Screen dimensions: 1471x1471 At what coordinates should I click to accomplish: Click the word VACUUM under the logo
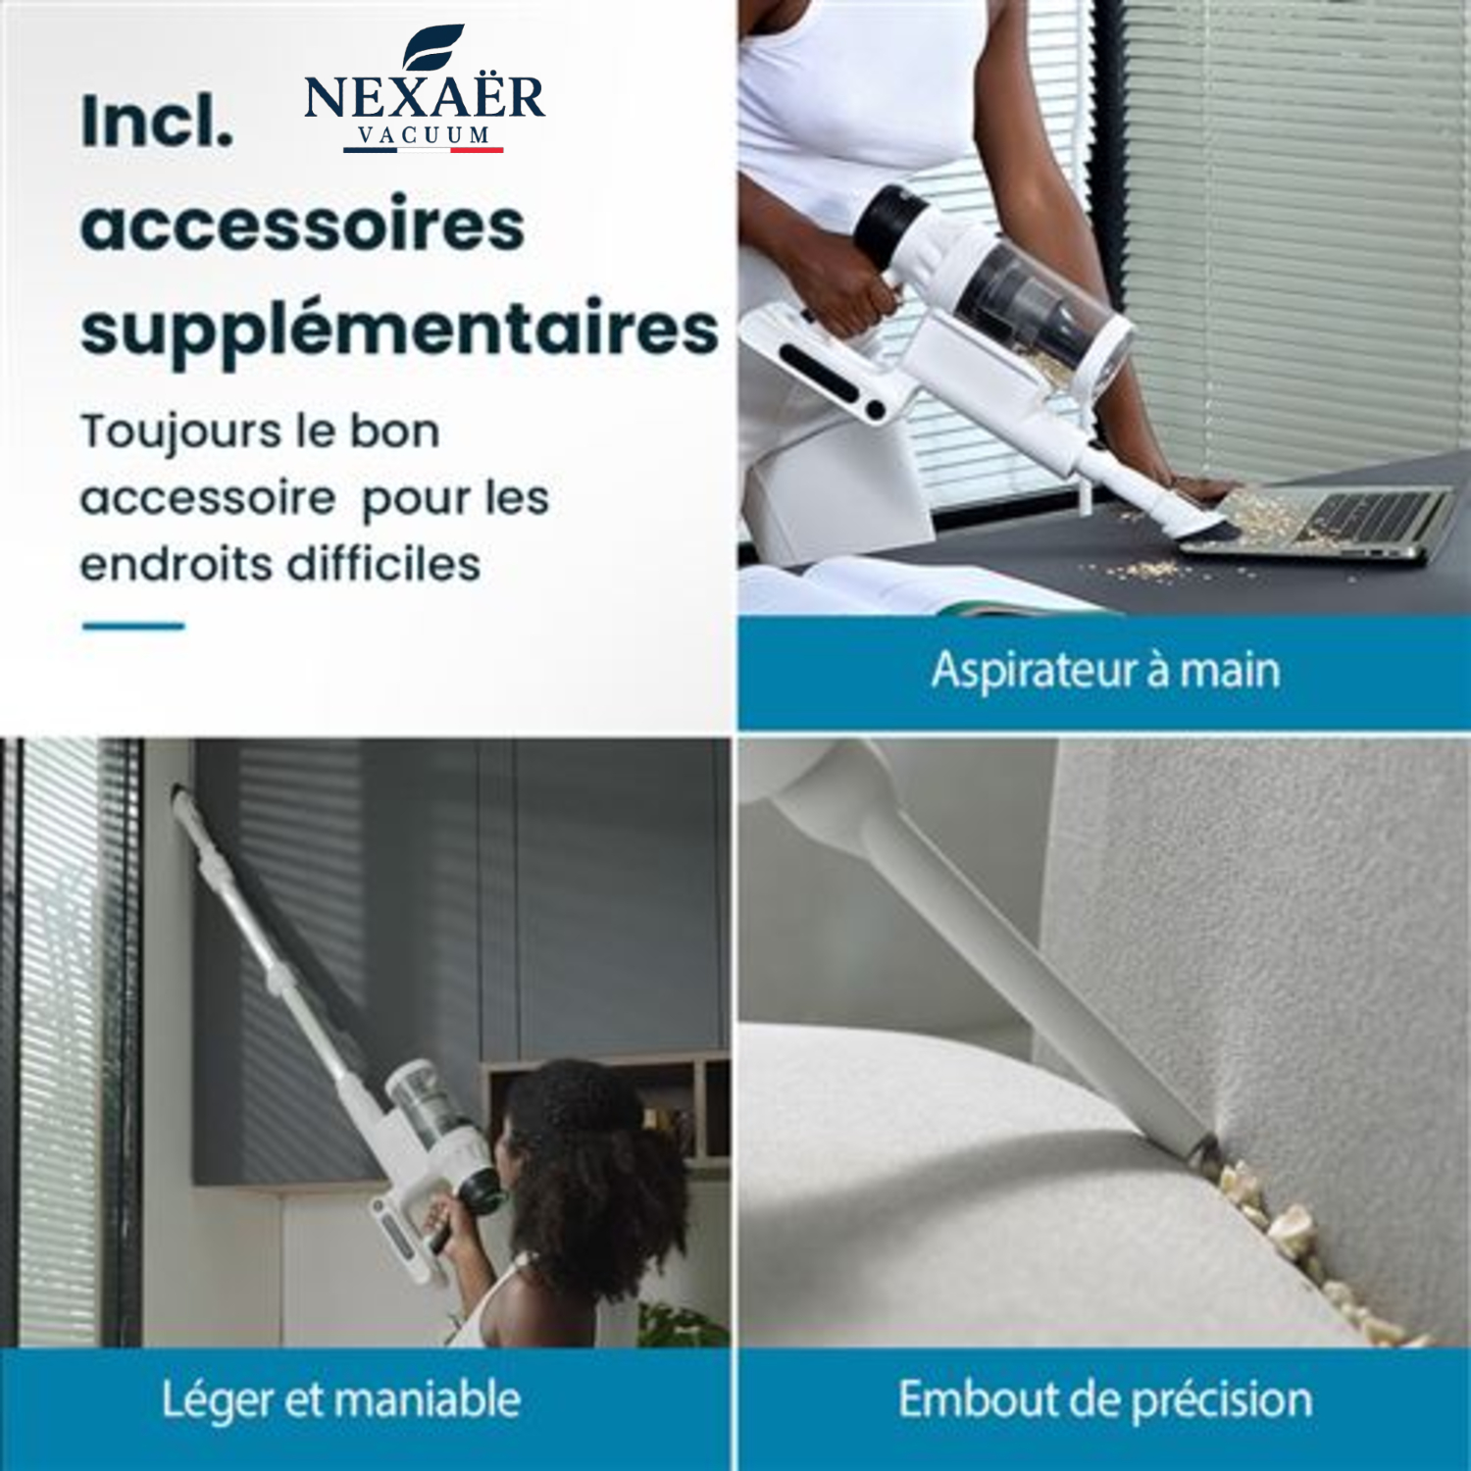click(424, 135)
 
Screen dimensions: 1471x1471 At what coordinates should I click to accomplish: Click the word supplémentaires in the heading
click(399, 330)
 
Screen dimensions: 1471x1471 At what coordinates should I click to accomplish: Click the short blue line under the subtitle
click(133, 626)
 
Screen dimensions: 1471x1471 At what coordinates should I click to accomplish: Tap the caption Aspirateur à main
click(1105, 671)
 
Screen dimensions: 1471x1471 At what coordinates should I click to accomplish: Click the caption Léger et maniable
click(340, 1399)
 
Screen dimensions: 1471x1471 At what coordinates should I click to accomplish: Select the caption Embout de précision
click(1105, 1399)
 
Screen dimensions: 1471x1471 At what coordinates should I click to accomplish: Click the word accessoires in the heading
click(302, 225)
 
